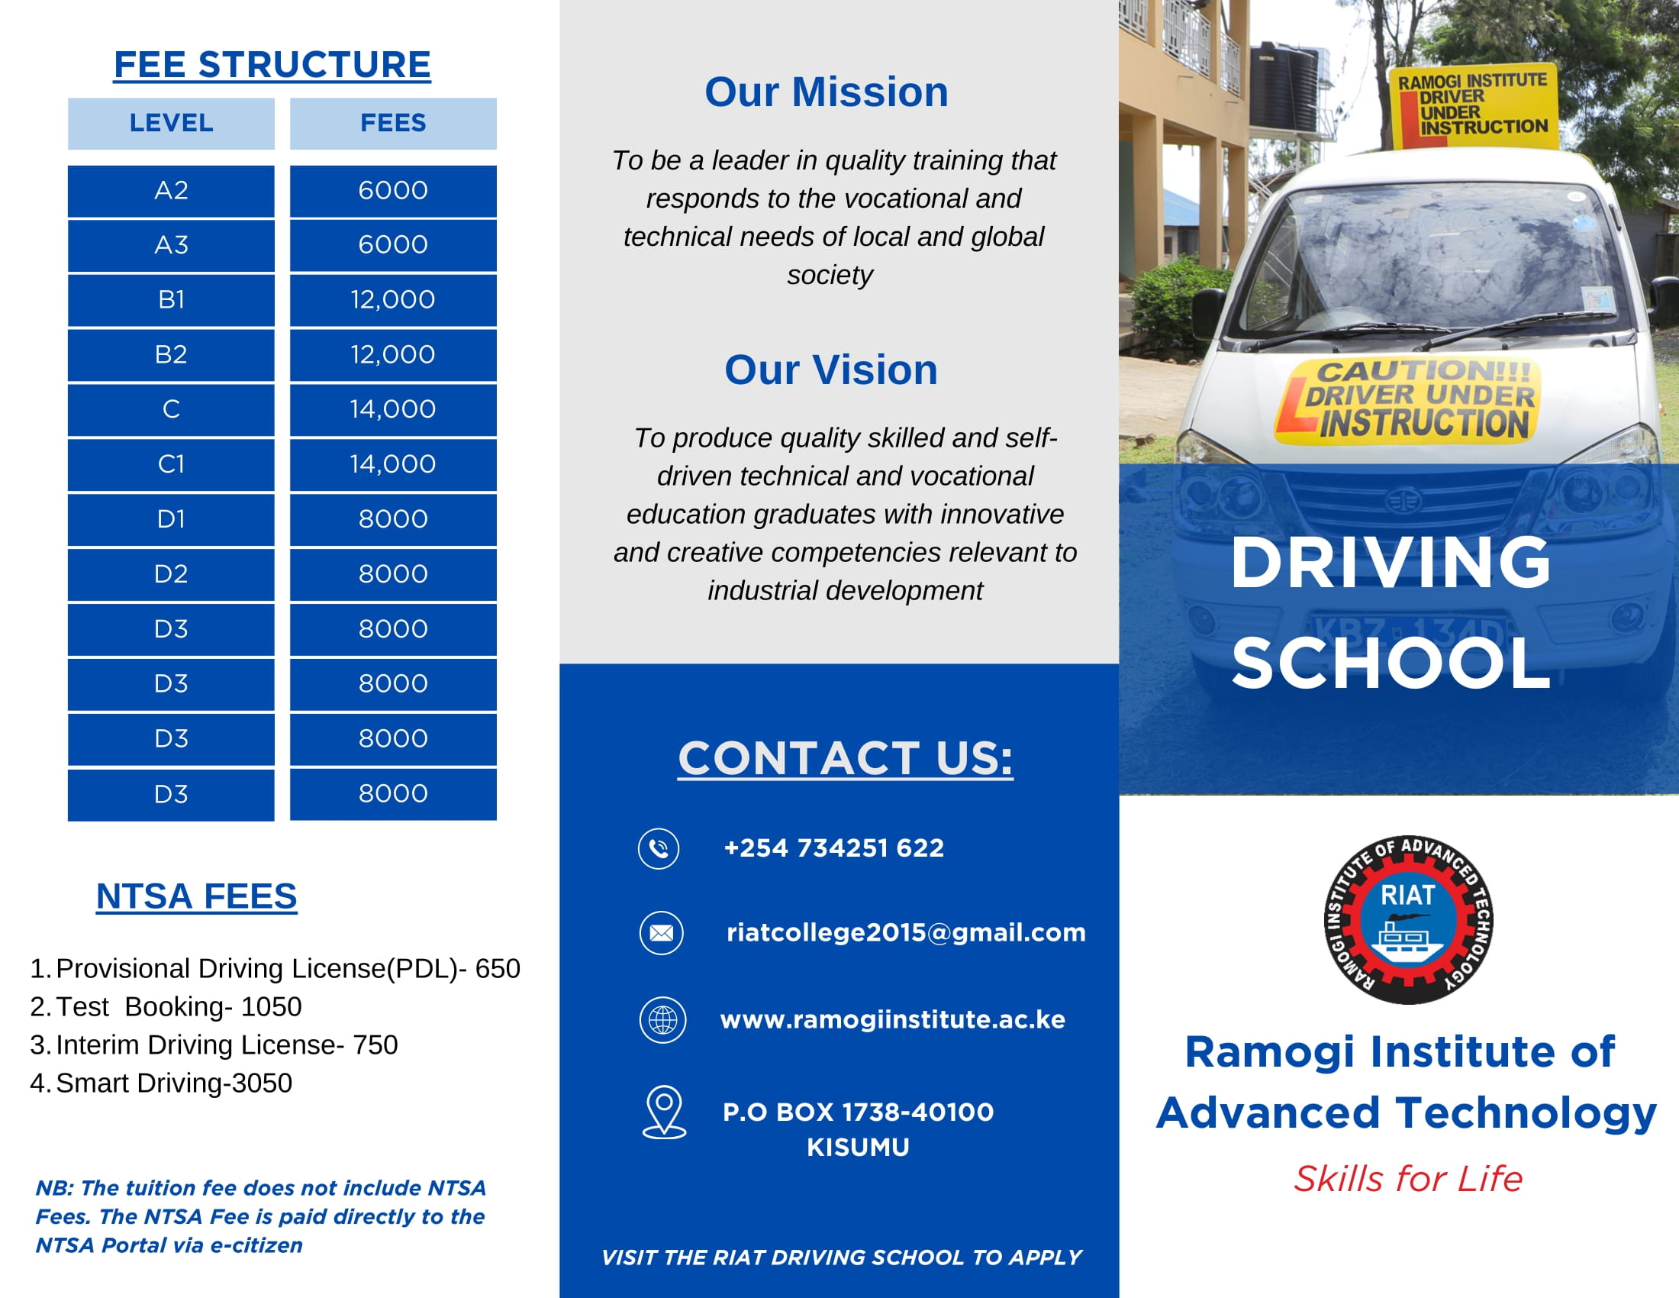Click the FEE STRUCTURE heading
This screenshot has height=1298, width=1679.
coord(272,65)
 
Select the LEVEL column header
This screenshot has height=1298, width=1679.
coord(171,123)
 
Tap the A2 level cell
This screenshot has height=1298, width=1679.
coord(171,191)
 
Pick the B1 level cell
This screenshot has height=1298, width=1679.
coord(171,300)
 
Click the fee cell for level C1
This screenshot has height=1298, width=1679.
coord(393,464)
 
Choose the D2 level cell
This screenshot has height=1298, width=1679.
coord(171,574)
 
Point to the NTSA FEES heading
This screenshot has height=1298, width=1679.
coord(196,896)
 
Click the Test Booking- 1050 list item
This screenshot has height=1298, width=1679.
coord(179,1006)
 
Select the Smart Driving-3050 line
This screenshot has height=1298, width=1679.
coord(174,1083)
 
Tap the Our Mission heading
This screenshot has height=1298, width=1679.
coord(827,92)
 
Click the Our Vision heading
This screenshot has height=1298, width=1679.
coord(831,370)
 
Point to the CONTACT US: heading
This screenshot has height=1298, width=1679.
coord(845,758)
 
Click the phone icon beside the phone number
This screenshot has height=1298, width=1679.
coord(659,848)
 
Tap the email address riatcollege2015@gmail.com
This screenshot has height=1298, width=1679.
coord(906,933)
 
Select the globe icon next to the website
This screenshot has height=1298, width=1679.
coord(662,1019)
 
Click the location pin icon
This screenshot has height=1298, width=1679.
coord(664,1111)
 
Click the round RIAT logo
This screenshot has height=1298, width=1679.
coord(1407,920)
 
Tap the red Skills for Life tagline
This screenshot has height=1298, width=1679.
coord(1407,1179)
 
